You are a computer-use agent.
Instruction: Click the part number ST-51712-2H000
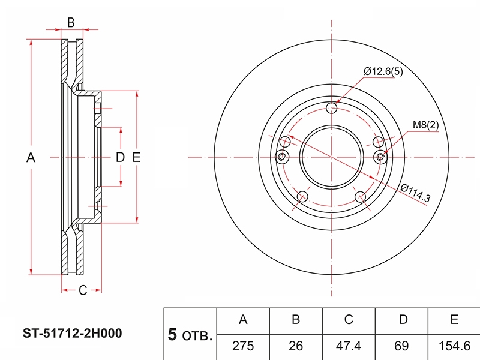pos(72,333)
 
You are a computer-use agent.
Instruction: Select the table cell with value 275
pos(243,346)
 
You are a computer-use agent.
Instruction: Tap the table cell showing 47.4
pos(349,346)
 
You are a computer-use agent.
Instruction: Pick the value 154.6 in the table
pos(454,346)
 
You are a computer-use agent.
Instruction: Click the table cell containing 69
pos(401,346)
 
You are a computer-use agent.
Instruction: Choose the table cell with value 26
pos(296,346)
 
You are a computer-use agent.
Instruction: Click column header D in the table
pos(403,320)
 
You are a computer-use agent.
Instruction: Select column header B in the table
pos(296,320)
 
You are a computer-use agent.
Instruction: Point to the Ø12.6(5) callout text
pos(383,71)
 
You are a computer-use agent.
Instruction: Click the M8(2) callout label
pos(425,125)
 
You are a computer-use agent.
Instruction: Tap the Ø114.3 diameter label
pos(415,193)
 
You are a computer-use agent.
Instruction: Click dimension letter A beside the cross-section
pos(31,158)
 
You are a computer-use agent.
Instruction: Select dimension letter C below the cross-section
pos(83,290)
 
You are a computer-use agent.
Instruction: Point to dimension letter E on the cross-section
pos(136,157)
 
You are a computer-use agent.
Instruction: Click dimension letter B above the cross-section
pos(71,23)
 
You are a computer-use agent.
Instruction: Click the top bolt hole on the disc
pos(332,108)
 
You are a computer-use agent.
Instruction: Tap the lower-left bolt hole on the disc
pos(302,197)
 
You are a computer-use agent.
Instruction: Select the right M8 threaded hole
pos(380,157)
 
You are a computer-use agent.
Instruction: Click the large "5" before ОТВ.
pos(172,334)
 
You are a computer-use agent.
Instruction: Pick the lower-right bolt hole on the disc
pos(361,197)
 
